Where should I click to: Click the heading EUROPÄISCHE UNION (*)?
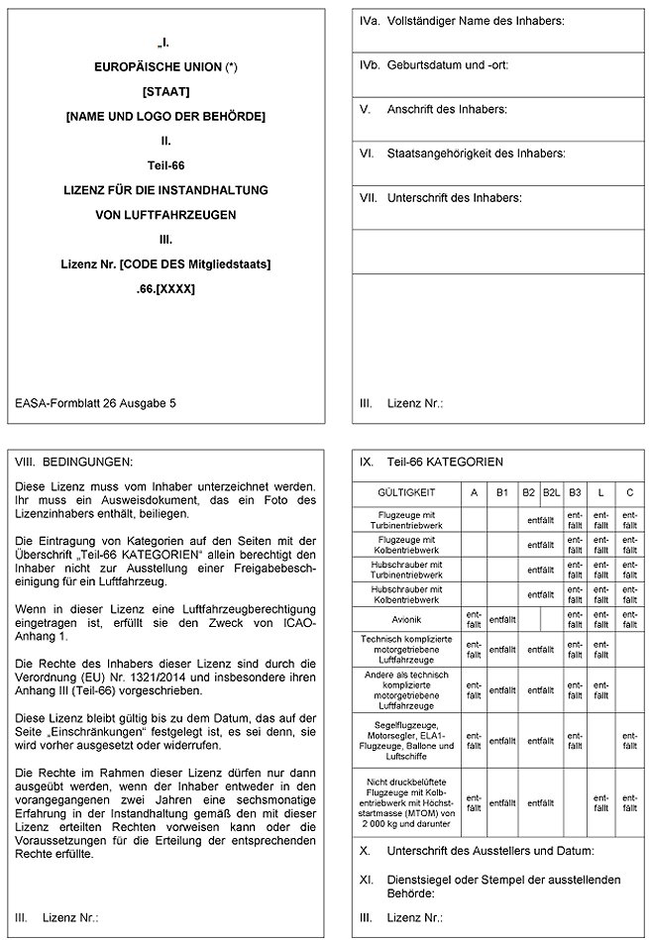click(x=165, y=68)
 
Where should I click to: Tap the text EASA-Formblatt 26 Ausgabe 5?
click(x=96, y=403)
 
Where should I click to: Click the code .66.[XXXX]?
click(x=165, y=289)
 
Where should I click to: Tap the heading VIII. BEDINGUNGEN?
click(x=73, y=462)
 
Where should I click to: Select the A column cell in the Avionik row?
click(x=474, y=619)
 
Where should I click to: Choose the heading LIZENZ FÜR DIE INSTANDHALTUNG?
click(x=165, y=189)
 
